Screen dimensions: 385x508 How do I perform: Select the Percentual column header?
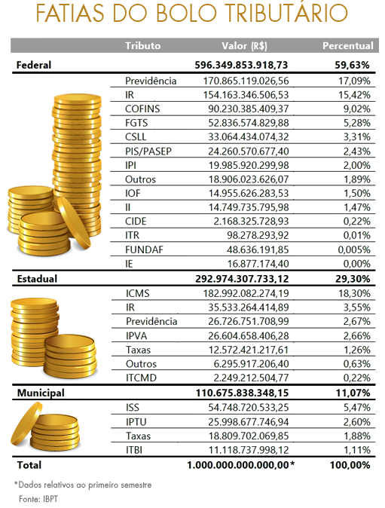pos(348,46)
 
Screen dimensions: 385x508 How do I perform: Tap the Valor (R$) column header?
pos(244,46)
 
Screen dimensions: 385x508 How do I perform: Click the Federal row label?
pos(34,65)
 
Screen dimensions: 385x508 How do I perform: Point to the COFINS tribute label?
pos(142,109)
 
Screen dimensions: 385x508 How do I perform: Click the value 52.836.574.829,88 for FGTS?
pos(249,123)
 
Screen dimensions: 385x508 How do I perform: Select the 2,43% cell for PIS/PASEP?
pos(357,151)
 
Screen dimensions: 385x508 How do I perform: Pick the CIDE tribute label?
pos(136,222)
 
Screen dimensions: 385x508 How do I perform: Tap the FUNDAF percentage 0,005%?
pos(354,249)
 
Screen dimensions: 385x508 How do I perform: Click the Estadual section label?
pos(37,279)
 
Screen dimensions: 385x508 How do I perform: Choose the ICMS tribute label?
pos(138,293)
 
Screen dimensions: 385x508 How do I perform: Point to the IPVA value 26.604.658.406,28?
pos(249,336)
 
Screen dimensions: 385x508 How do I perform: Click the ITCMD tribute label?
pos(141,378)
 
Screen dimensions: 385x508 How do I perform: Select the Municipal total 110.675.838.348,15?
pos(242,393)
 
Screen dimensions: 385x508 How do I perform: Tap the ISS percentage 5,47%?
pos(357,408)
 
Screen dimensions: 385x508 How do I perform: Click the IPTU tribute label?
pos(136,422)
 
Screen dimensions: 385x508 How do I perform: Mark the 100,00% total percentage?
pos(350,465)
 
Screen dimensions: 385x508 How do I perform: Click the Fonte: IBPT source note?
pos(38,499)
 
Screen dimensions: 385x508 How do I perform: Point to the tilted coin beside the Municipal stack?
pos(26,423)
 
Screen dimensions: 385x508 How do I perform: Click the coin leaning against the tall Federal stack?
pos(74,223)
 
